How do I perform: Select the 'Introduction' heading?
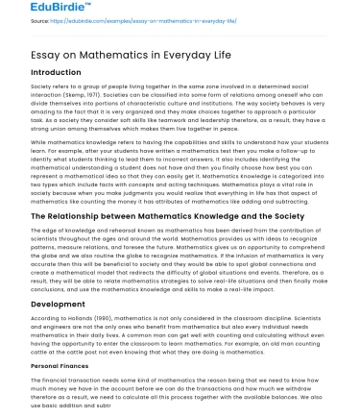click(x=37, y=73)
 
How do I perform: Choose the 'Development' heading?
click(x=37, y=306)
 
